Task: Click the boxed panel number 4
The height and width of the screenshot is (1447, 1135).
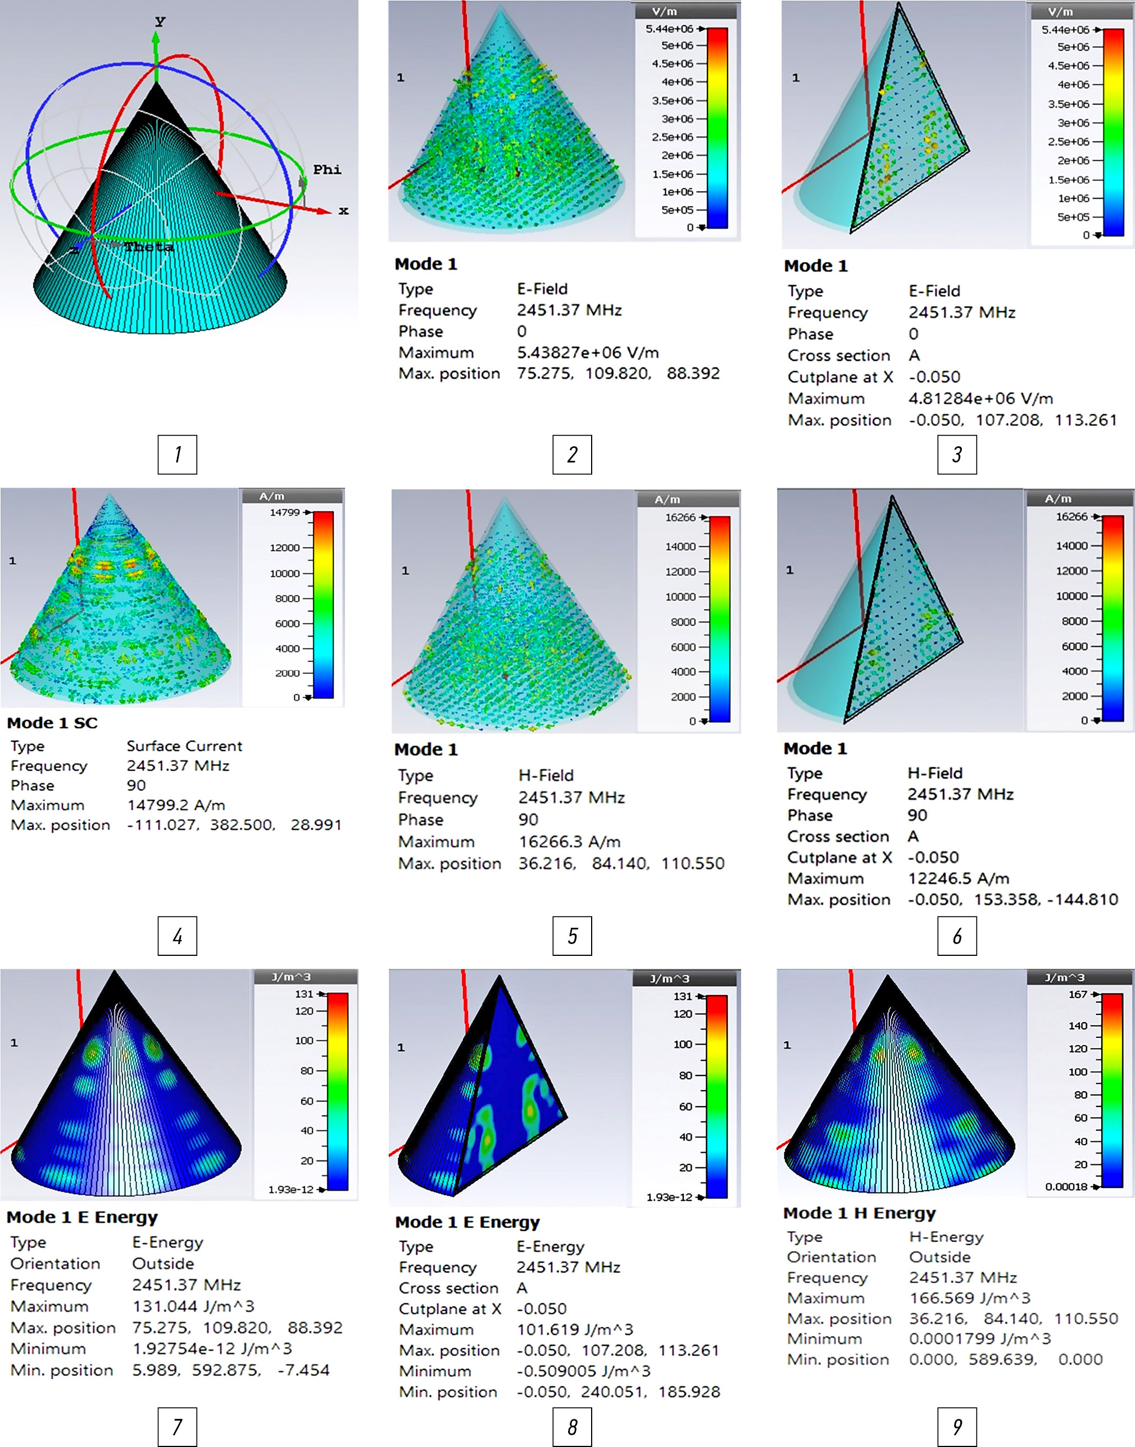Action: pyautogui.click(x=178, y=936)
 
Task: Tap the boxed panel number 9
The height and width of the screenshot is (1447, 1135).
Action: pyautogui.click(x=957, y=1426)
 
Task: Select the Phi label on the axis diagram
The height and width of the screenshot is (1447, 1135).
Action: pyautogui.click(x=327, y=170)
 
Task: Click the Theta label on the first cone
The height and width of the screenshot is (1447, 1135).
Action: pyautogui.click(x=149, y=247)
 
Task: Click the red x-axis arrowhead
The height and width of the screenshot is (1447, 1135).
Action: pyautogui.click(x=324, y=211)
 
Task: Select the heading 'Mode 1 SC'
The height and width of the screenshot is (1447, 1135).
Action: pyautogui.click(x=52, y=723)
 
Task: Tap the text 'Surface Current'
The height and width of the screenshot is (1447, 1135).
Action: pyautogui.click(x=184, y=746)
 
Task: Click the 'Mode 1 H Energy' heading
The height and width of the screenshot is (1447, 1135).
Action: pyautogui.click(x=859, y=1213)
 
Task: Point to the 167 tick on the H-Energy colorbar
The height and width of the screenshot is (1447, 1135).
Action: pyautogui.click(x=1077, y=994)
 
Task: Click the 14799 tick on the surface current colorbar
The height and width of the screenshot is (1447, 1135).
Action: pyautogui.click(x=284, y=512)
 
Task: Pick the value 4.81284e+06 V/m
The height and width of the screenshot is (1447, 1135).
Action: pyautogui.click(x=980, y=398)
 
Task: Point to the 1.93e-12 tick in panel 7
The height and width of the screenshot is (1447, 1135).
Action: pyautogui.click(x=290, y=1189)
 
